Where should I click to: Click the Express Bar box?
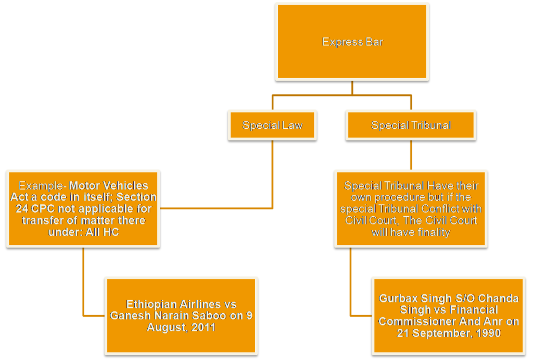pyautogui.click(x=352, y=42)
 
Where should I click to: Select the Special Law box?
pyautogui.click(x=272, y=125)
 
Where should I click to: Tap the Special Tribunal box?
pyautogui.click(x=411, y=125)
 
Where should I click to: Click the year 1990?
pyautogui.click(x=486, y=333)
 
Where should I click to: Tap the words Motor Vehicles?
pyautogui.click(x=109, y=185)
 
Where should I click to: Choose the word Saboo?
pyautogui.click(x=219, y=316)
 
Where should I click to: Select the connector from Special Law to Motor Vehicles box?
pyautogui.click(x=273, y=177)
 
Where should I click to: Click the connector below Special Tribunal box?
pyautogui.click(x=411, y=155)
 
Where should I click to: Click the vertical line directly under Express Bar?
pyautogui.click(x=352, y=88)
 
